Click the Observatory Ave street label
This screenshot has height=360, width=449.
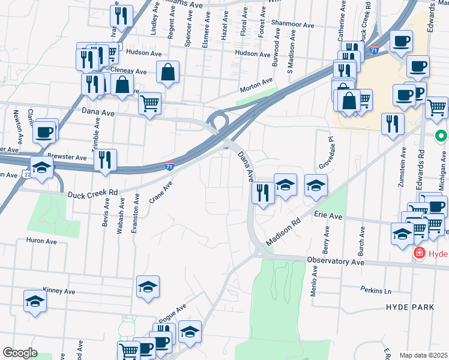click(336, 262)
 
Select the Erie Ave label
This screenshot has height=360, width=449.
click(327, 214)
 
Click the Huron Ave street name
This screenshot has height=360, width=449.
click(40, 241)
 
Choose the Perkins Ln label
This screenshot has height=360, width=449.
click(376, 290)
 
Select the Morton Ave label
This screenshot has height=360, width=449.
click(256, 85)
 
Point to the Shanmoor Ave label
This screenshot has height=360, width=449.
click(292, 25)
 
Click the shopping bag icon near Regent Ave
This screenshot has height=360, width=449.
click(168, 73)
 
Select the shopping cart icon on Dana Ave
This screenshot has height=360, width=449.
click(149, 103)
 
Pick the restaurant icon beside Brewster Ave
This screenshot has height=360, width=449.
click(105, 160)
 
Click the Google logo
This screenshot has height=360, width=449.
click(20, 353)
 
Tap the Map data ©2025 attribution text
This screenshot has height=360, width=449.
click(424, 355)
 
